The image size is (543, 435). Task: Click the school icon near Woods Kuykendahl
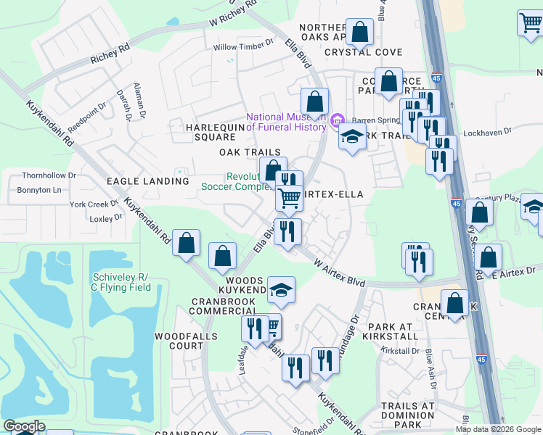click(x=281, y=290)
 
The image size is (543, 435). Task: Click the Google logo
click(x=24, y=426)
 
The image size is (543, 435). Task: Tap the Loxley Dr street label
click(x=106, y=217)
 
